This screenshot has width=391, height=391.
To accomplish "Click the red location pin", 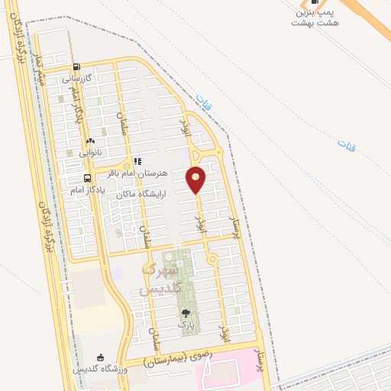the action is pos(196,180).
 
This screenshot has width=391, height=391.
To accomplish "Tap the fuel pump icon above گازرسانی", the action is pos(78,66).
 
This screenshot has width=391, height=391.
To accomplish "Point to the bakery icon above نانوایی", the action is pos(90,141).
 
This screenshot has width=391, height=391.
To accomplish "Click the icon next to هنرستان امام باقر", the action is pos(138,162).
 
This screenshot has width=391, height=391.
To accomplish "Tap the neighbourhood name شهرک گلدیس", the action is pos(160,280).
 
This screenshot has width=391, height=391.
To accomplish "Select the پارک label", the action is pos(186,325).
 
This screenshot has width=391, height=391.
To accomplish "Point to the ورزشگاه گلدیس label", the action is pos(99,369).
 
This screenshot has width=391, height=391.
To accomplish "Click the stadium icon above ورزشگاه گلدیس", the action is pos(99,357).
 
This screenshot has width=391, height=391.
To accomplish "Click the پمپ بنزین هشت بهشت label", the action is pos(313,18).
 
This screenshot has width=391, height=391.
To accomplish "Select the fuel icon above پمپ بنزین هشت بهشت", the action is pos(314,2).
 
